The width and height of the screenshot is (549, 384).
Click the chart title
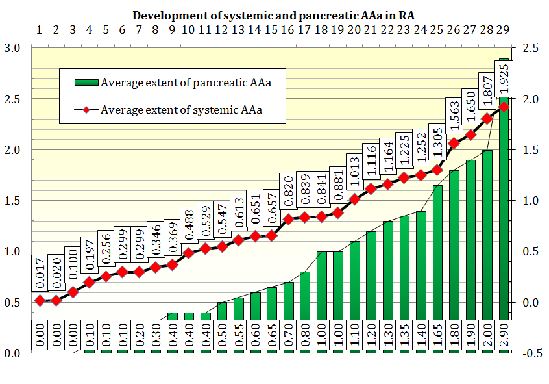click(273, 16)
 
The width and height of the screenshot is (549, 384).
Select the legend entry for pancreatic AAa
click(173, 83)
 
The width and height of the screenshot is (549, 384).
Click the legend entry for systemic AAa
click(169, 110)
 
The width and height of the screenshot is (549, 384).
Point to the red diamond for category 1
click(40, 301)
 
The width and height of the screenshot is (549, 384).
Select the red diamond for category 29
click(504, 107)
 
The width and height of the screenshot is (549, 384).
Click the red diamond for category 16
click(288, 220)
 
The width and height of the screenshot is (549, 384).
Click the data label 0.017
click(40, 273)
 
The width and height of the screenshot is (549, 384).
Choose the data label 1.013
click(355, 172)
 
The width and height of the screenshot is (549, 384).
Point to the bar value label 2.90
click(504, 335)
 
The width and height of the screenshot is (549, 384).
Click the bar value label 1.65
click(437, 335)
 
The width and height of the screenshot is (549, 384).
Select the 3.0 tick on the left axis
click(12, 47)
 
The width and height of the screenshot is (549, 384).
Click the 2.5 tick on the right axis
click(530, 47)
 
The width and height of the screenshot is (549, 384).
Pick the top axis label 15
click(271, 30)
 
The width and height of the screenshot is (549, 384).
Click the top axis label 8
click(155, 30)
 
